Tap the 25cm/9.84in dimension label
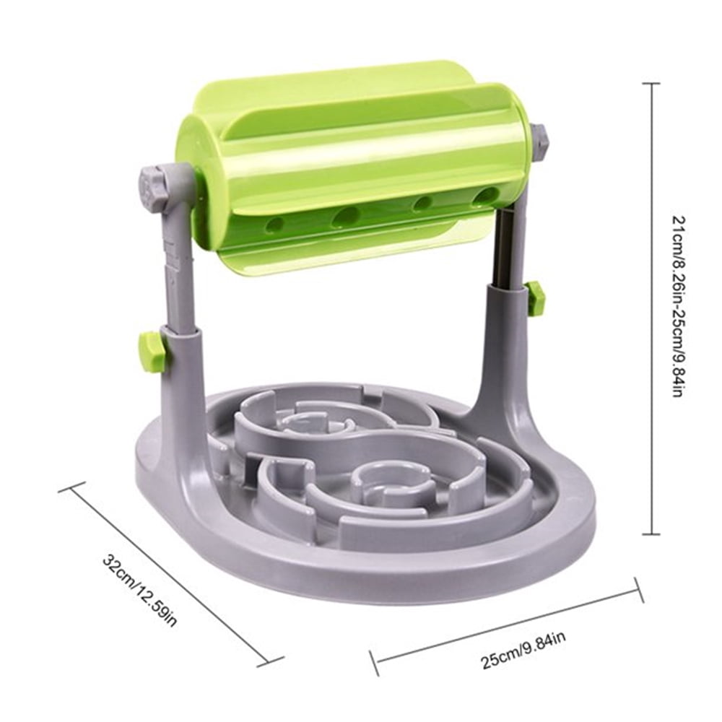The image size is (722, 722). tap(523, 651)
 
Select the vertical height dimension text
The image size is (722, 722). tap(676, 306)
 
